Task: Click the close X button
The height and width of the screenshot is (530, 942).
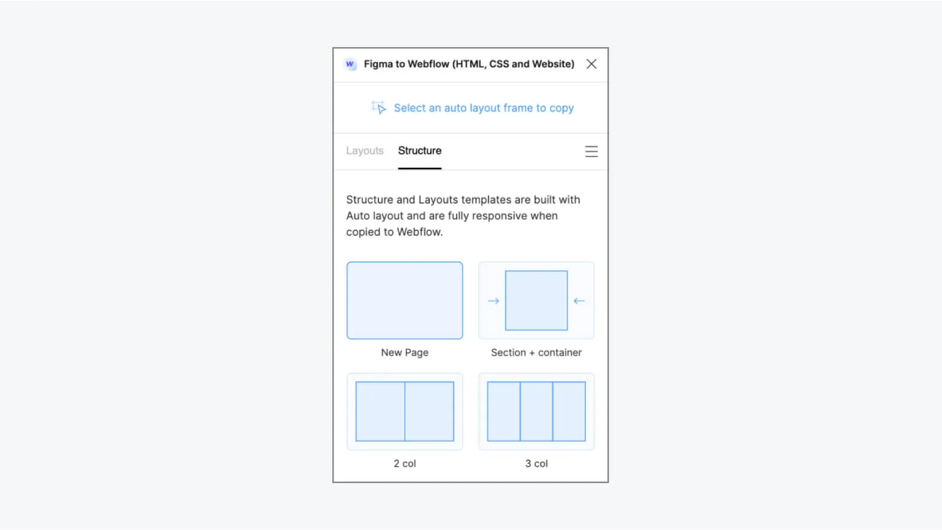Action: pos(591,64)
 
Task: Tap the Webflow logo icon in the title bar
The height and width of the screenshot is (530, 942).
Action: pos(350,64)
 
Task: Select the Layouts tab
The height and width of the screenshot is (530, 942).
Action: pos(365,151)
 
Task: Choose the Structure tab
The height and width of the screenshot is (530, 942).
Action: pos(420,151)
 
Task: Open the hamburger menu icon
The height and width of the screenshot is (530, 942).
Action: pos(591,152)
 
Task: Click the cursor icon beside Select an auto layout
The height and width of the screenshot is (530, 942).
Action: pos(378,108)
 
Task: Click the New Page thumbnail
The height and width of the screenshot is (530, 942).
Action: pos(405,300)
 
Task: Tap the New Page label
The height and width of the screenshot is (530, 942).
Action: pos(405,353)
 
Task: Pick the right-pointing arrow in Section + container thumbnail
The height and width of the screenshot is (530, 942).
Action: pos(493,301)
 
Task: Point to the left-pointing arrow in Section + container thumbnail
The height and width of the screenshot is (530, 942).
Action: pos(579,301)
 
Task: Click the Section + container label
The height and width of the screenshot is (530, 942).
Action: pos(536,353)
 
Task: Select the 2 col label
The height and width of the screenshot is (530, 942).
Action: pos(405,464)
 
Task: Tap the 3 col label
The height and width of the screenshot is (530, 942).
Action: pos(536,464)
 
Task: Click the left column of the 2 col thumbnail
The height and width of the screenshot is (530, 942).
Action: pos(380,411)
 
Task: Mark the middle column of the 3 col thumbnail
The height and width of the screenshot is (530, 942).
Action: pos(536,411)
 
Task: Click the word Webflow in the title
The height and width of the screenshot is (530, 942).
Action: pos(428,64)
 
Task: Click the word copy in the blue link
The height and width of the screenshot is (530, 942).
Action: pos(561,108)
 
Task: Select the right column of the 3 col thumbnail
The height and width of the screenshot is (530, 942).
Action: pos(569,411)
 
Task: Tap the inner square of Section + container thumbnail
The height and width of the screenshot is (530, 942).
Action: pos(536,300)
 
